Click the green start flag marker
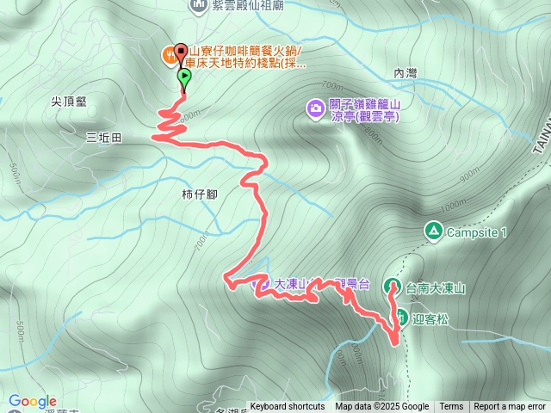(x=184, y=78)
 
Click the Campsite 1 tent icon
(x=432, y=231)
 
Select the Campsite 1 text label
(x=480, y=232)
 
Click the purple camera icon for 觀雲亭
(x=316, y=108)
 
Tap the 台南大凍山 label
(x=436, y=289)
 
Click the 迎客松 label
(x=426, y=318)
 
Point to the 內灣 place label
(x=404, y=74)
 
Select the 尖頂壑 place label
(x=69, y=102)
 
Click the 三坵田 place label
(x=103, y=138)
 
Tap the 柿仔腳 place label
(x=200, y=194)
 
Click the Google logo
(x=33, y=401)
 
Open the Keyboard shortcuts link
(x=288, y=407)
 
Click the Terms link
(x=451, y=407)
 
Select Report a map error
(x=510, y=407)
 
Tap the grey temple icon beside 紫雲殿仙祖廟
(x=200, y=6)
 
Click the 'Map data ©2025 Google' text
(x=381, y=407)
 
